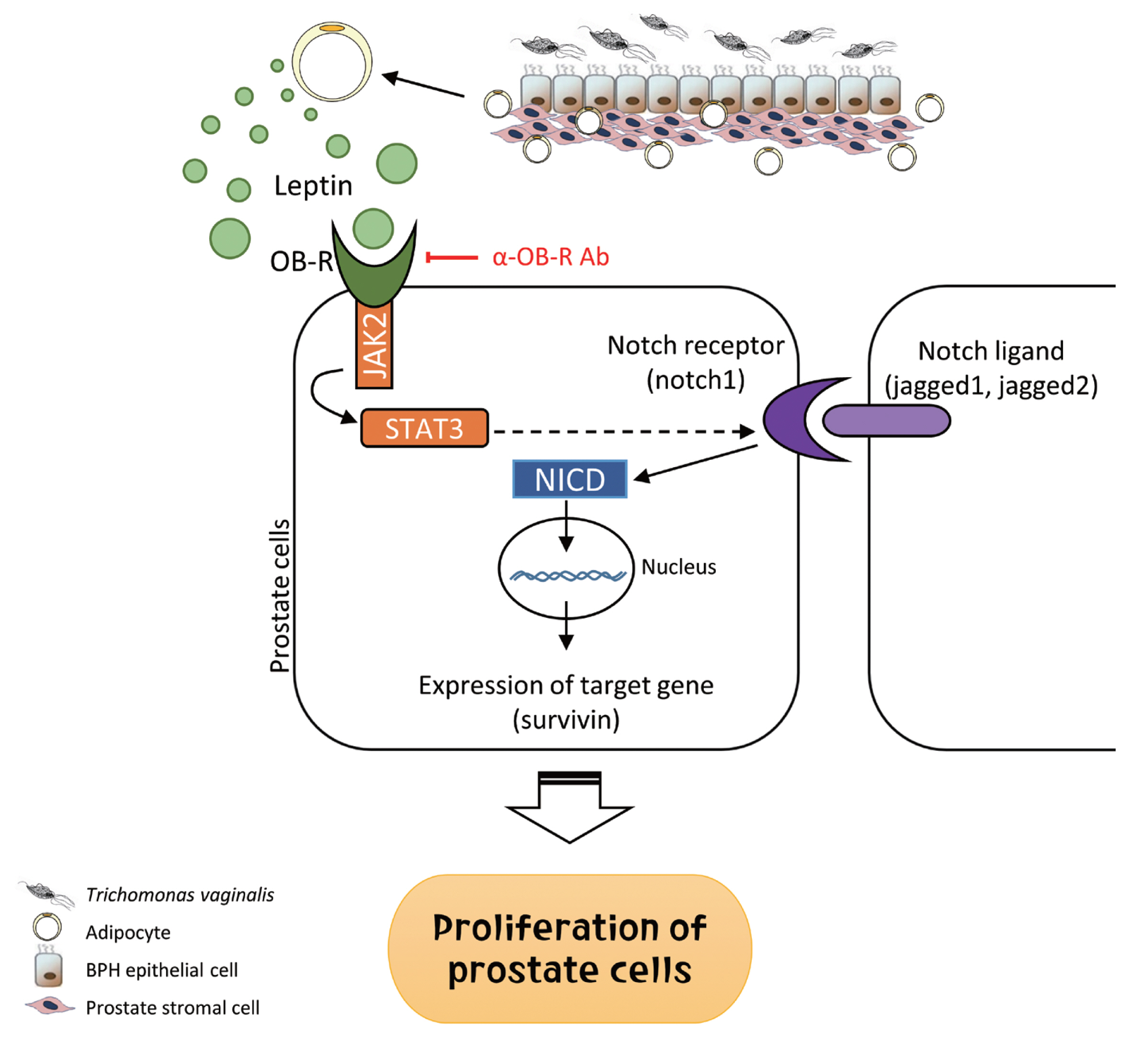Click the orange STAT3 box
(424, 428)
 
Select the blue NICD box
(569, 479)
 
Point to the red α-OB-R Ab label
(551, 257)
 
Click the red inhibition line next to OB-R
(452, 257)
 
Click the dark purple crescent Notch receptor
(785, 419)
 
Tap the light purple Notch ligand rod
(886, 421)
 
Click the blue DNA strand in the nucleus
(567, 576)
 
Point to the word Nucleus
(678, 567)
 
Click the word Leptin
(313, 186)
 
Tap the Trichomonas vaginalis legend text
(180, 894)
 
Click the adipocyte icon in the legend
(47, 927)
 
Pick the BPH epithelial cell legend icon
(48, 968)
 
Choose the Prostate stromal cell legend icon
(49, 1006)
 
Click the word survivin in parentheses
(566, 720)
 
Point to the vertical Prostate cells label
(280, 596)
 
